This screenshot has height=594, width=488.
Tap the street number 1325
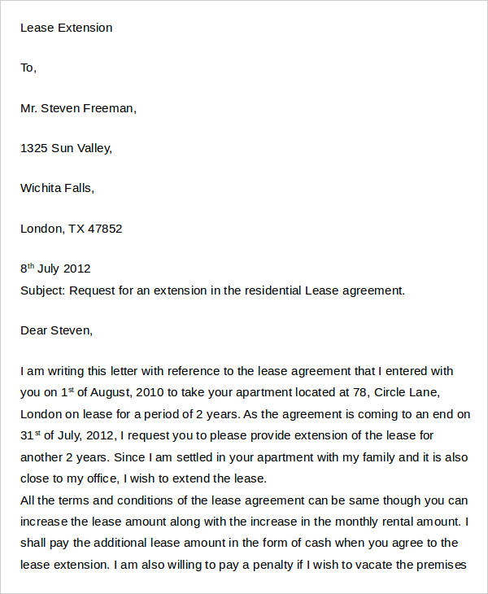34,148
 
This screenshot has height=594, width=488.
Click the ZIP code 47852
106,229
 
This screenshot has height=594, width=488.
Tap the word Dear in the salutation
34,330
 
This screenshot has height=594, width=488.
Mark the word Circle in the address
394,391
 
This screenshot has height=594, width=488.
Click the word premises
441,564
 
